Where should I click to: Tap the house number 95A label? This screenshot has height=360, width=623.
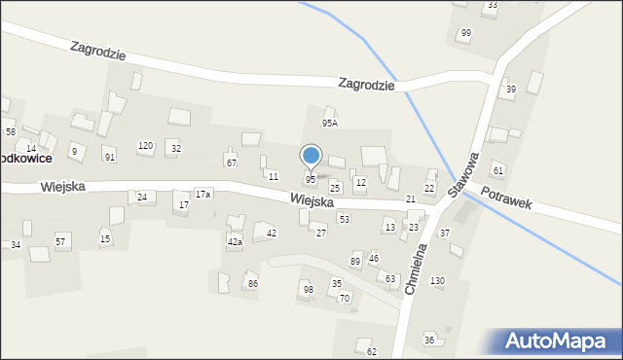pyautogui.click(x=330, y=124)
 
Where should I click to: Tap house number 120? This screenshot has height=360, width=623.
pyautogui.click(x=145, y=146)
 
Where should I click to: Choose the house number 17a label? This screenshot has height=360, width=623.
pyautogui.click(x=202, y=195)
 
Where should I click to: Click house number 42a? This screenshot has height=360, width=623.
pyautogui.click(x=235, y=241)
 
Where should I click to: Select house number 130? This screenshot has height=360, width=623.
pyautogui.click(x=438, y=281)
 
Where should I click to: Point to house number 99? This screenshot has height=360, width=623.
pyautogui.click(x=465, y=33)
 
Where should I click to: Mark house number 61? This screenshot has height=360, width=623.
pyautogui.click(x=498, y=171)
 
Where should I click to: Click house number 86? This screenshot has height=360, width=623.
pyautogui.click(x=252, y=284)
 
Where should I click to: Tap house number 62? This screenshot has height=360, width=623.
pyautogui.click(x=372, y=351)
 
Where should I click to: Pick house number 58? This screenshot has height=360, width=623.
pyautogui.click(x=10, y=131)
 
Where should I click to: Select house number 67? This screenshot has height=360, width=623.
pyautogui.click(x=231, y=162)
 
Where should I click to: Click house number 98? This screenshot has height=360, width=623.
pyautogui.click(x=308, y=290)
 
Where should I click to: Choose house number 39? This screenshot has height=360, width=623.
pyautogui.click(x=510, y=90)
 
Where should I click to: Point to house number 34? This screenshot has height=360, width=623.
pyautogui.click(x=16, y=244)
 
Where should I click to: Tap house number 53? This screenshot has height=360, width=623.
pyautogui.click(x=344, y=220)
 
